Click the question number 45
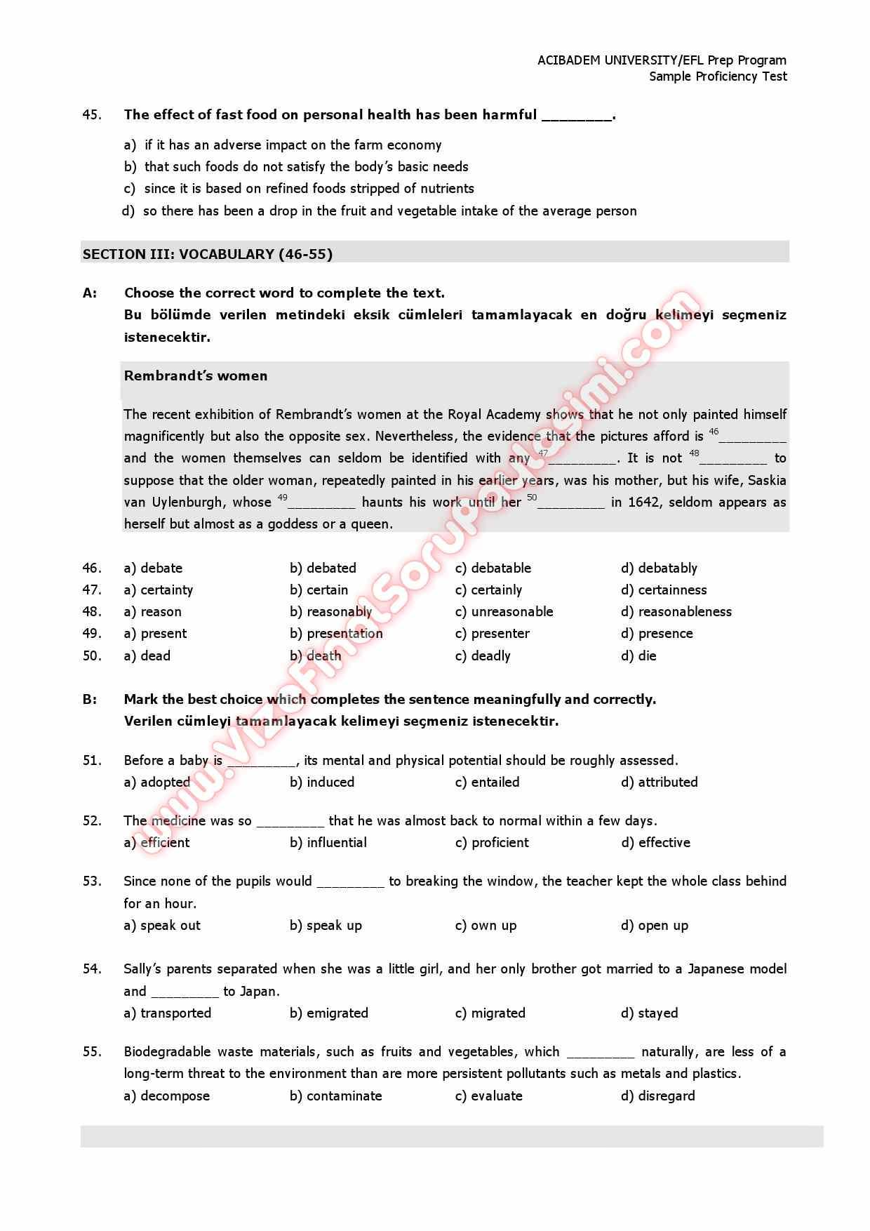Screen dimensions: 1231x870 [92, 114]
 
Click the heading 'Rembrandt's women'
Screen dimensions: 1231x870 [196, 375]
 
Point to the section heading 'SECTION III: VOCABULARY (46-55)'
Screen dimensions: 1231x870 [208, 254]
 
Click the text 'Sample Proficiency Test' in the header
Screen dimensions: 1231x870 [718, 76]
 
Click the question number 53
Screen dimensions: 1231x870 [92, 881]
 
